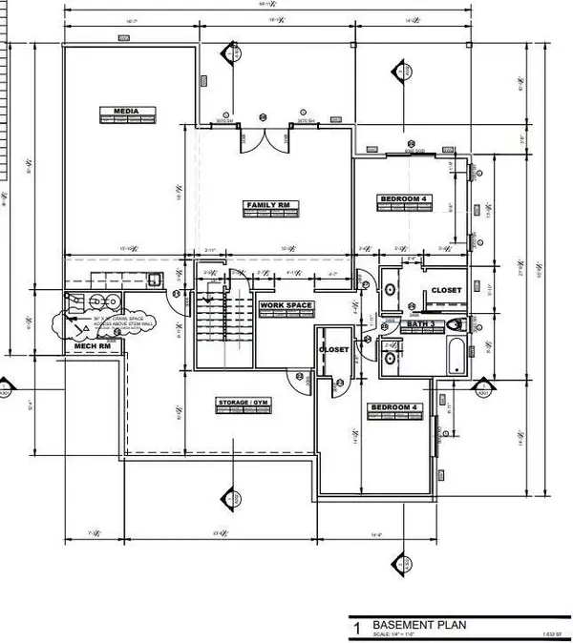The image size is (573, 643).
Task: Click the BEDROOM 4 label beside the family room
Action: pyautogui.click(x=405, y=198)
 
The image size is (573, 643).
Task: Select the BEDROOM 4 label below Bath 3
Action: pyautogui.click(x=393, y=408)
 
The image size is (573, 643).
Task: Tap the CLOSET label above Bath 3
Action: pyautogui.click(x=445, y=289)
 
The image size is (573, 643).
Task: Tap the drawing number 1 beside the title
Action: pyautogui.click(x=356, y=630)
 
